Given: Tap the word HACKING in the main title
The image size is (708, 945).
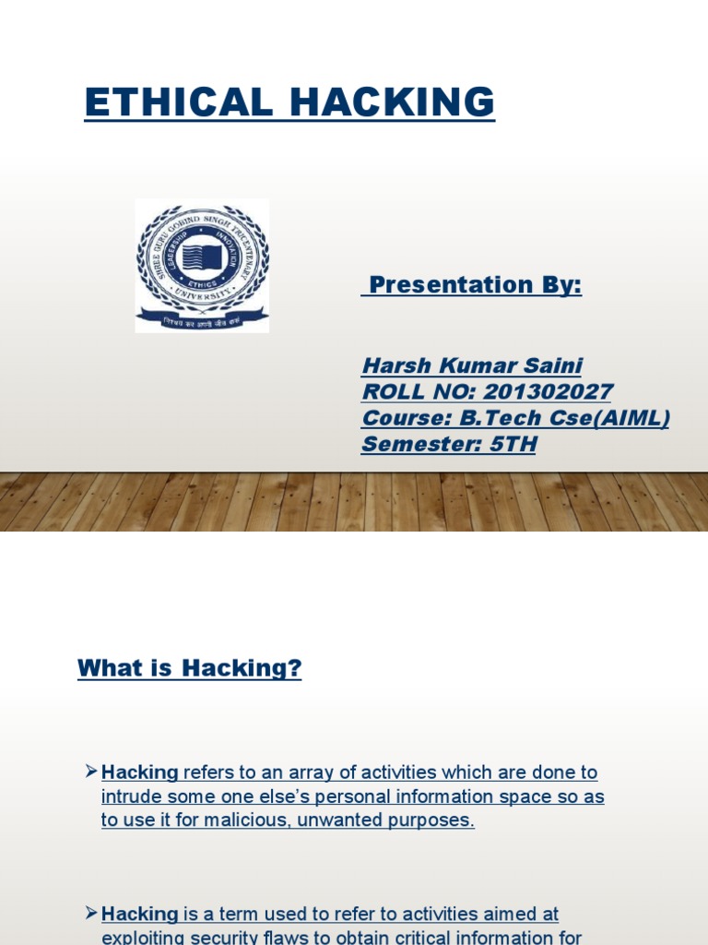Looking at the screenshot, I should [x=396, y=102].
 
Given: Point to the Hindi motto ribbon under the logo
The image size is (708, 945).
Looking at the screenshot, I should [x=202, y=322].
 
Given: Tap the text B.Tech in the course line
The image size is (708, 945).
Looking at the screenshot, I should [x=499, y=418].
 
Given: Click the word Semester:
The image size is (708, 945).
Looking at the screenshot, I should [x=419, y=445].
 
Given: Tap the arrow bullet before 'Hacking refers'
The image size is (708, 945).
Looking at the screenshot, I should [x=90, y=771].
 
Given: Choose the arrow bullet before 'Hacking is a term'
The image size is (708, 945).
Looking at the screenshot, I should [x=90, y=913].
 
